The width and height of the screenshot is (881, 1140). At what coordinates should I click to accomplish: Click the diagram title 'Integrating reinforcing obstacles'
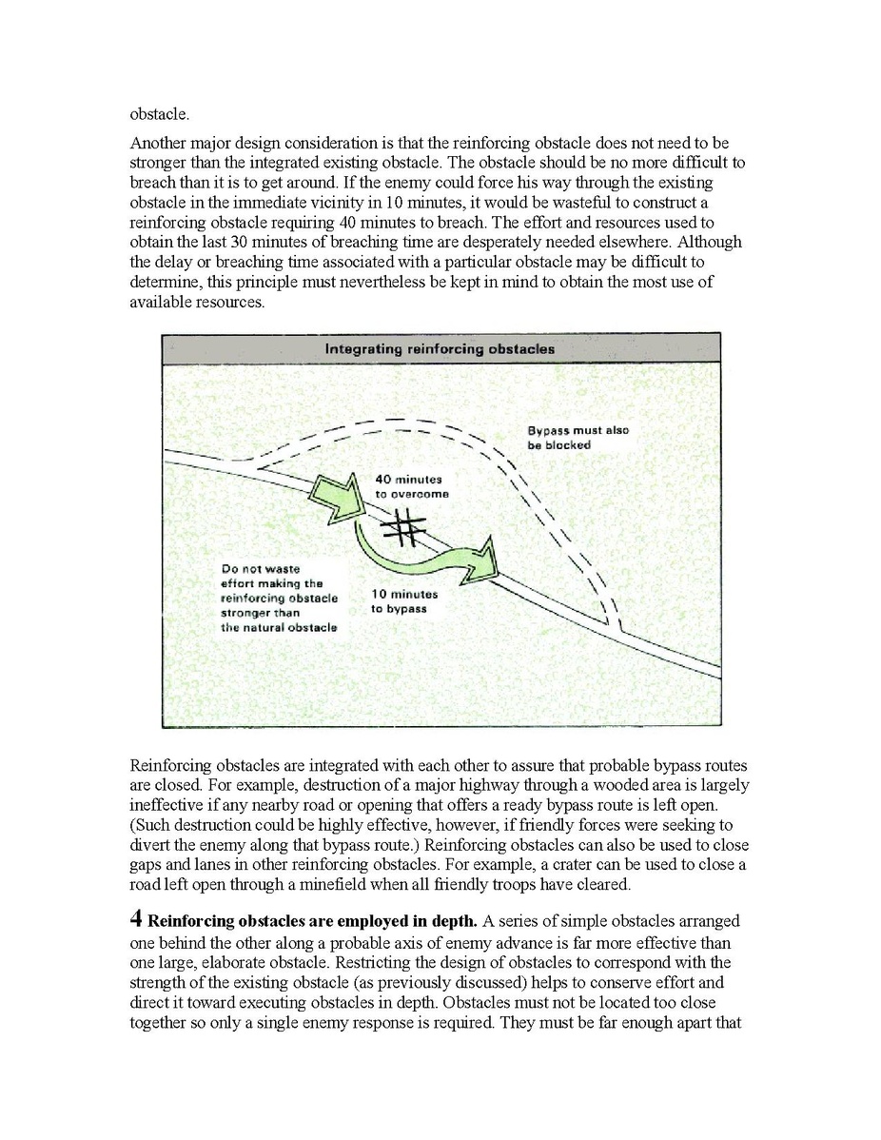click(440, 348)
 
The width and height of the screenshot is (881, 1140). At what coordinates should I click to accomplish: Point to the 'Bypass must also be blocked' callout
click(578, 438)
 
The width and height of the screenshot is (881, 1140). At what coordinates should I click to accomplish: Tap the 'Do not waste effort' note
click(278, 598)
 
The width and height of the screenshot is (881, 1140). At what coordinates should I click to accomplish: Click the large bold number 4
click(135, 919)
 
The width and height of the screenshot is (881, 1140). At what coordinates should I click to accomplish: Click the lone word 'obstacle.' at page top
click(159, 115)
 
